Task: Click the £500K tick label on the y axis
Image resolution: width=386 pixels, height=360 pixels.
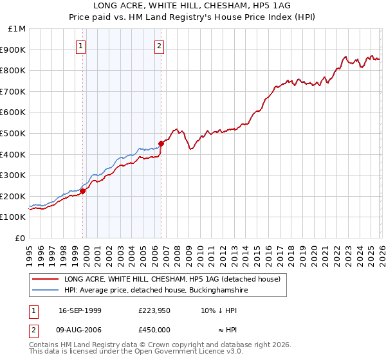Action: pos(14,133)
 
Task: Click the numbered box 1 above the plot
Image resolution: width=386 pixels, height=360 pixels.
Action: pos(80,46)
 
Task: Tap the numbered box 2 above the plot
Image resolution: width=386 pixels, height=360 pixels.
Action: pos(158,46)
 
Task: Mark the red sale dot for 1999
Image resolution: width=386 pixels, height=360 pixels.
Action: pos(83,191)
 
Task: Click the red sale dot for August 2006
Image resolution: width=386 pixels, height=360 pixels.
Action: pos(161,144)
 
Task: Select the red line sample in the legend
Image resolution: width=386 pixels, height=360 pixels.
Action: pos(44,280)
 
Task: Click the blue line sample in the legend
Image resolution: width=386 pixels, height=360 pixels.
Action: pos(44,291)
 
